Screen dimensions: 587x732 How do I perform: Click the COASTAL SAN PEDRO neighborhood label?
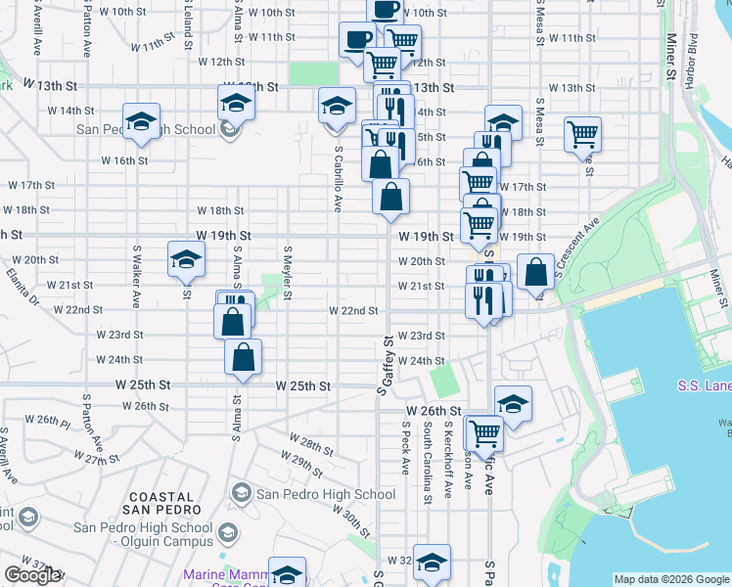[x=162, y=502]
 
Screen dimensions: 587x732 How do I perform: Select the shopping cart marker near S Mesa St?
[x=583, y=134]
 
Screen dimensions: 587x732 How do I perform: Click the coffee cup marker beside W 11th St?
[x=356, y=40]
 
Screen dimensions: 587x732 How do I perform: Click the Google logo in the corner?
[x=32, y=575]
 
